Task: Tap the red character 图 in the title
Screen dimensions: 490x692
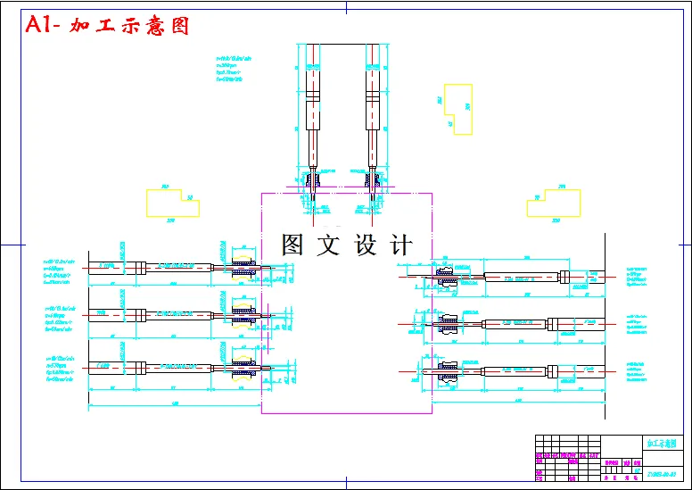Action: click(178, 25)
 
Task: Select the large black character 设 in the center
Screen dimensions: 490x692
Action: click(367, 245)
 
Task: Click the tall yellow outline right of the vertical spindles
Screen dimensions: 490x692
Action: click(458, 109)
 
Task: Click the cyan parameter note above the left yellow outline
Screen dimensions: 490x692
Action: click(229, 71)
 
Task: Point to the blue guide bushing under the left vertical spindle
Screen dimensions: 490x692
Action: click(313, 183)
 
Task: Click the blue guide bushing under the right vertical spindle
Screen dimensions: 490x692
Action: click(373, 183)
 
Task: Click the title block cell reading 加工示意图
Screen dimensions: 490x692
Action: click(661, 444)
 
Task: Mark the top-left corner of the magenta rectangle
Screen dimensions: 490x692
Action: click(261, 193)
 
